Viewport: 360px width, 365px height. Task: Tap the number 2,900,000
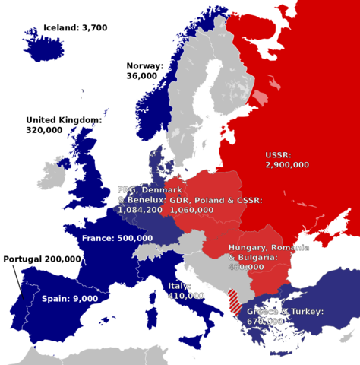tap(287, 164)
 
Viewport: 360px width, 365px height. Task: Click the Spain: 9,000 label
tap(69, 299)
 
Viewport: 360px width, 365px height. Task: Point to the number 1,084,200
tap(140, 209)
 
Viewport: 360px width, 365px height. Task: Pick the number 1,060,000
tap(191, 209)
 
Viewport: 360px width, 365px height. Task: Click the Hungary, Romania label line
tap(268, 249)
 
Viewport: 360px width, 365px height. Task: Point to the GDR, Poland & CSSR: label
tap(216, 200)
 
